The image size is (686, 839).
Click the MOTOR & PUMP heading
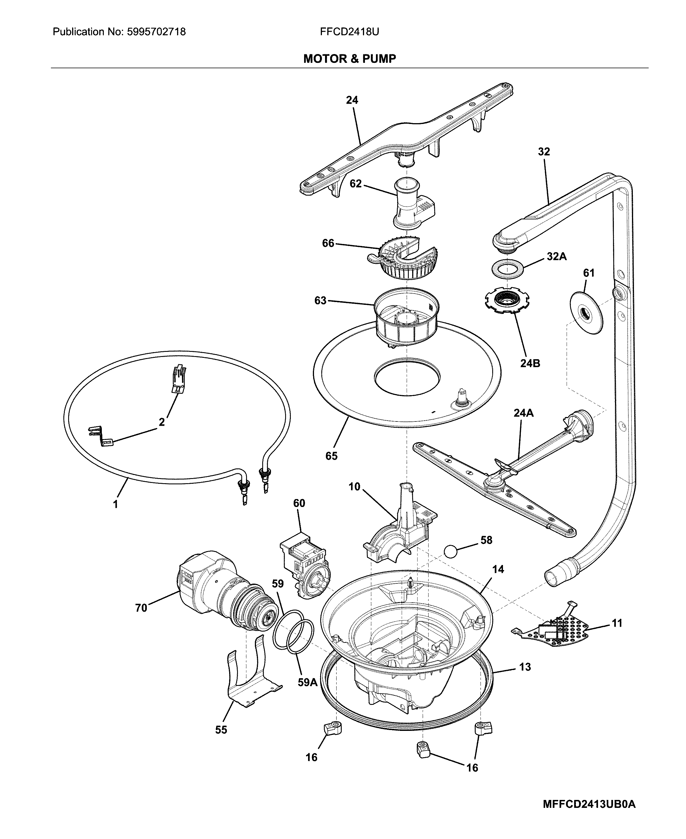(349, 59)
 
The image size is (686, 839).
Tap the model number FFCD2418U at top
(349, 32)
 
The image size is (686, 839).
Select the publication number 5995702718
(156, 32)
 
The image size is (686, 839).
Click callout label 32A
(556, 257)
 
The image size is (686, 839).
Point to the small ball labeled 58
(450, 551)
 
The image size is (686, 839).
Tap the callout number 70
(141, 608)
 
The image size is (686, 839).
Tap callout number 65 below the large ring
(331, 456)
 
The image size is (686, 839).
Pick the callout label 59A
(307, 682)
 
